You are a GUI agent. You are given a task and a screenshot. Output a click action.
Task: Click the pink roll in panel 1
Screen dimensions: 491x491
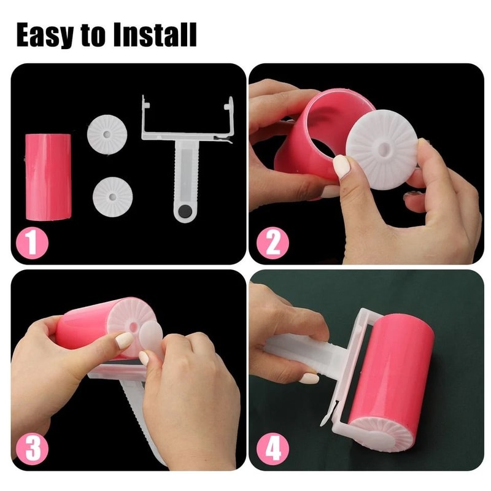48,177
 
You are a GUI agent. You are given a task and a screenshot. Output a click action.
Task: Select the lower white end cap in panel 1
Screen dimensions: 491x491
112,195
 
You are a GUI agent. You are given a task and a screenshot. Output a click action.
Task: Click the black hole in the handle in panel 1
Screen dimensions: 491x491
183,213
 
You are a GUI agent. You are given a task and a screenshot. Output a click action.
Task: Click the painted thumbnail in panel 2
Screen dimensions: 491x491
341,166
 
